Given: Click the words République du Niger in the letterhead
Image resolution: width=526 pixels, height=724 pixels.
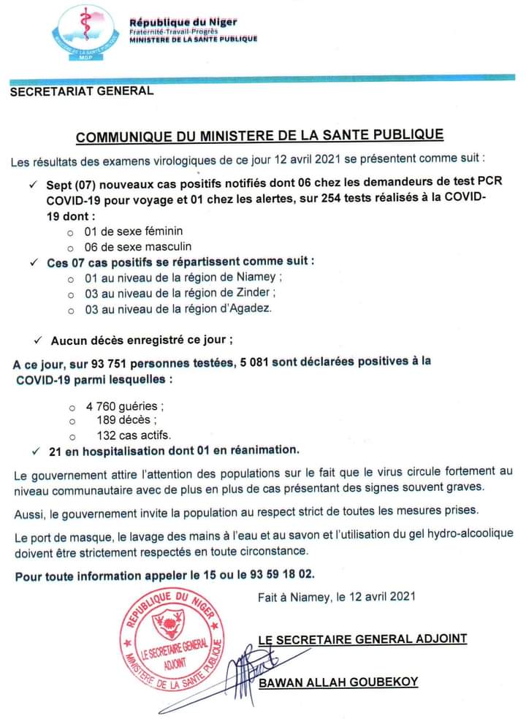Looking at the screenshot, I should pyautogui.click(x=183, y=23).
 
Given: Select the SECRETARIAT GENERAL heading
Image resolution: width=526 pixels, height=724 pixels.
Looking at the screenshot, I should pyautogui.click(x=82, y=91).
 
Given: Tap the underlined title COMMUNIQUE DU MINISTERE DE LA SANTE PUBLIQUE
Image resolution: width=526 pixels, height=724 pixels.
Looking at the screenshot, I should pyautogui.click(x=260, y=136).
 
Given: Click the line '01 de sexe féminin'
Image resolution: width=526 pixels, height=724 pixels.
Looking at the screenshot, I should pyautogui.click(x=133, y=231).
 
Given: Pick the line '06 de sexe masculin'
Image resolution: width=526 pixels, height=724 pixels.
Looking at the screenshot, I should pyautogui.click(x=137, y=246).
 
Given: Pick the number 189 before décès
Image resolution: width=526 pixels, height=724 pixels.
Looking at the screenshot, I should pyautogui.click(x=108, y=420).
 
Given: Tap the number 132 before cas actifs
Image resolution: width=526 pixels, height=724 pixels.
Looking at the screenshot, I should pyautogui.click(x=108, y=435).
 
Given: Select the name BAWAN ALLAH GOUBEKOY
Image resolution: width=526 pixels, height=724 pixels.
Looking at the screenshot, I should pyautogui.click(x=338, y=682).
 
